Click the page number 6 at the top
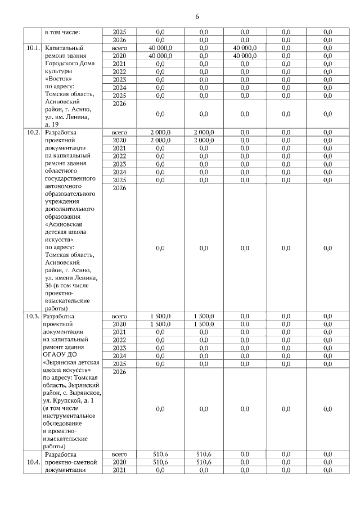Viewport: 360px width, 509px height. [197, 16]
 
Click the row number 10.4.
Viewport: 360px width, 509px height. [33, 462]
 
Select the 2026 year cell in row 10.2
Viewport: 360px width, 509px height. [119, 188]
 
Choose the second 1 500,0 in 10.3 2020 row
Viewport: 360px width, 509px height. [204, 325]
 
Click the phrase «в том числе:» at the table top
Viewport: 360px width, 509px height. [62, 32]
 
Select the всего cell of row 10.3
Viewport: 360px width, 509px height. [119, 316]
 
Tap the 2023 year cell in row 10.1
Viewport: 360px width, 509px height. [119, 80]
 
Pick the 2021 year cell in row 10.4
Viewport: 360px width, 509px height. [119, 470]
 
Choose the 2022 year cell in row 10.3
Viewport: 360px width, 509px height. [119, 340]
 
